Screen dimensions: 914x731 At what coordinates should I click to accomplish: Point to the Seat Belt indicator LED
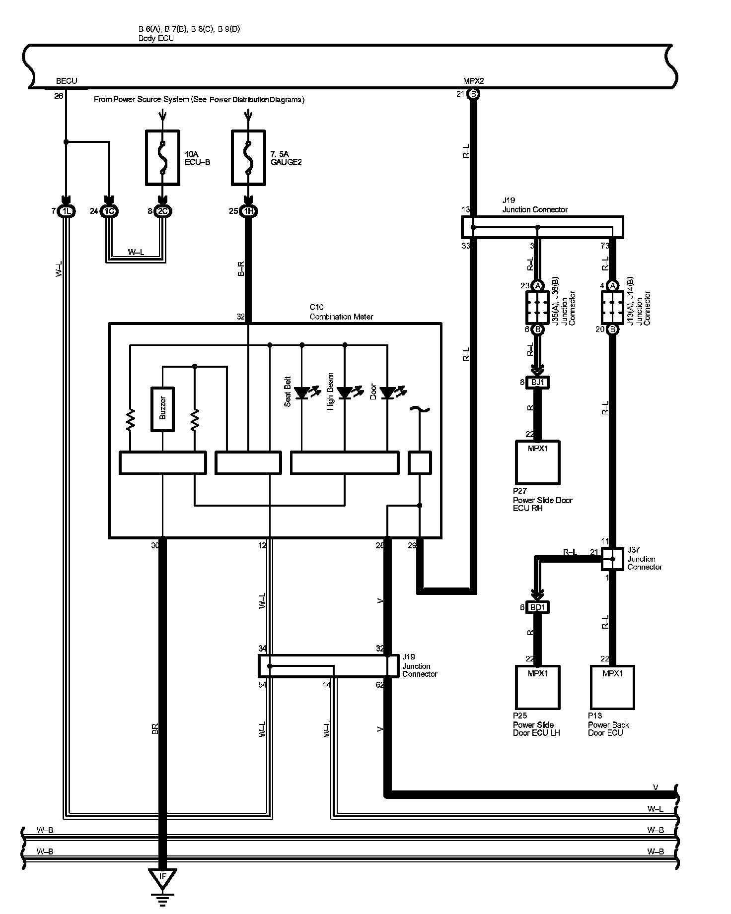pos(301,393)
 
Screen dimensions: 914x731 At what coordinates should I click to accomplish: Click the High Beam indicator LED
pos(345,393)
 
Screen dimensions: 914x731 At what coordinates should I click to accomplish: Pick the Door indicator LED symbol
pos(387,393)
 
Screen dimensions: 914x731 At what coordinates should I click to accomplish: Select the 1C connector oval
pos(109,211)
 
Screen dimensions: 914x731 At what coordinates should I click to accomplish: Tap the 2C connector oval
pos(162,211)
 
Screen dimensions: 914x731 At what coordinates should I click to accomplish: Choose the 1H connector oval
pos(248,211)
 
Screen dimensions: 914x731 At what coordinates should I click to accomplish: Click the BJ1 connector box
pos(537,382)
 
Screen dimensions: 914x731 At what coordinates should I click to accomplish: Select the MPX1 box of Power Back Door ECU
pos(612,687)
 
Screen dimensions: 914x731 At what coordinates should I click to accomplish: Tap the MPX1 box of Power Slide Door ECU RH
pos(537,462)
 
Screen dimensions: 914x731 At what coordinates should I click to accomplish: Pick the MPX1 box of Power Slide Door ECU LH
pos(537,687)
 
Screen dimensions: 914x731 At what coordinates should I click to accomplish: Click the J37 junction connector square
pos(612,559)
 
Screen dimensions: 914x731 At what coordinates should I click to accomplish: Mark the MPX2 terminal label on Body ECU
pos(473,81)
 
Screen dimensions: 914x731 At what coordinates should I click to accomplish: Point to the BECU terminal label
pos(67,81)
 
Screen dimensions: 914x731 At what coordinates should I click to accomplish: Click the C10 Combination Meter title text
pos(341,312)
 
